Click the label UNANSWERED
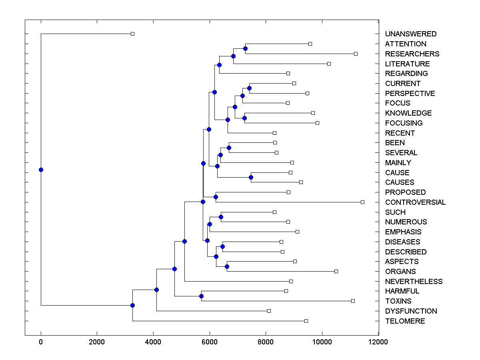[411, 34]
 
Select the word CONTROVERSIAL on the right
[415, 202]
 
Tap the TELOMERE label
[405, 321]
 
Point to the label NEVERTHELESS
[414, 282]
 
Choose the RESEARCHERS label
[412, 54]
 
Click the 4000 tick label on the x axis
[153, 342]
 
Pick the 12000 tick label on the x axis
[378, 342]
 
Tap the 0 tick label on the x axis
[41, 342]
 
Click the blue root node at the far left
[41, 170]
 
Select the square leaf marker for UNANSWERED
[133, 34]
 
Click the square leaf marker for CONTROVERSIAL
[362, 202]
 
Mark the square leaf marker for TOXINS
[353, 301]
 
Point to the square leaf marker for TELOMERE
[306, 321]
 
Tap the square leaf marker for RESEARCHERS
[356, 54]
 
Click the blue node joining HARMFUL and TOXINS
[201, 296]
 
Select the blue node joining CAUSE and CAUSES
[251, 177]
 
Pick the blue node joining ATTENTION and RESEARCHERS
[245, 48]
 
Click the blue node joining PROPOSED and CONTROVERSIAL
[216, 197]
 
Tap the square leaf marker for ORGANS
[336, 271]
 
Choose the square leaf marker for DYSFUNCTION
[269, 311]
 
